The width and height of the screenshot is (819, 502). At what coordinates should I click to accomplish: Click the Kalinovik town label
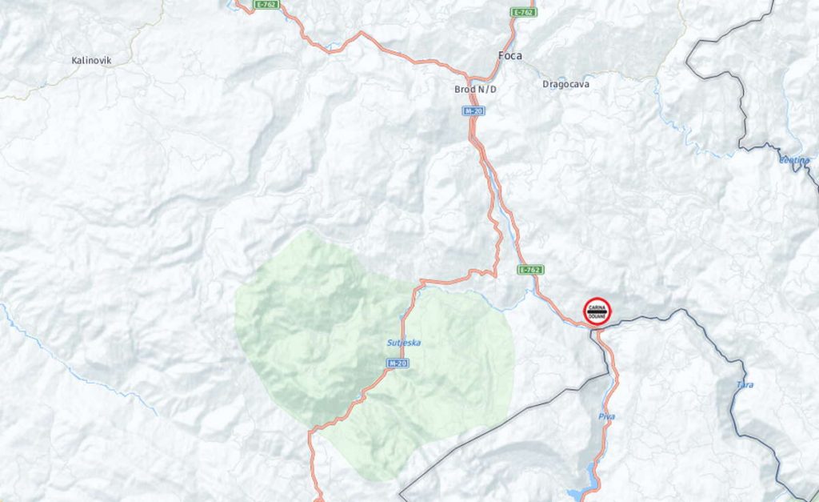point(91,60)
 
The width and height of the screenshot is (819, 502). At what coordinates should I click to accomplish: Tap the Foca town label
point(509,56)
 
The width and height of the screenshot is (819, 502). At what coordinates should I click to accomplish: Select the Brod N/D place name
point(475,89)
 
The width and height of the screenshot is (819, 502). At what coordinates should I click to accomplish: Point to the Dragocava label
point(566,83)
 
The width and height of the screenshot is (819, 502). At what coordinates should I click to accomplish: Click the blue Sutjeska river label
point(404,343)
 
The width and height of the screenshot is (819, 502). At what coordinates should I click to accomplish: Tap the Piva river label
point(606,417)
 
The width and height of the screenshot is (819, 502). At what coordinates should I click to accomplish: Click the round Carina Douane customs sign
point(597,311)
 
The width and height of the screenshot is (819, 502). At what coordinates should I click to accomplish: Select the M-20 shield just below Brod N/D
point(474,110)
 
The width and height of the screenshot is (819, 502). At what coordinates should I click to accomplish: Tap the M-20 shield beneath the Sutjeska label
point(398,363)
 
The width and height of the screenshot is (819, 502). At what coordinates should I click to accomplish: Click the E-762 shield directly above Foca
point(524,12)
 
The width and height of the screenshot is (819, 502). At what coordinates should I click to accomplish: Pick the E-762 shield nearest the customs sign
point(529,270)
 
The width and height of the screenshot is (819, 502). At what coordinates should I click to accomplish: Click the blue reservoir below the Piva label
point(582,490)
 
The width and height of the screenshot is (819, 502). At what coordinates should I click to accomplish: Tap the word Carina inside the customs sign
point(597,306)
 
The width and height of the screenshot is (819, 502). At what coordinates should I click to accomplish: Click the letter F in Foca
point(501,56)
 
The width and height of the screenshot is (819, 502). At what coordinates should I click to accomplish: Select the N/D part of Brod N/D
point(487,89)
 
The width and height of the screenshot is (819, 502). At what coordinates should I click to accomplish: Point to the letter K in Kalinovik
point(74,60)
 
